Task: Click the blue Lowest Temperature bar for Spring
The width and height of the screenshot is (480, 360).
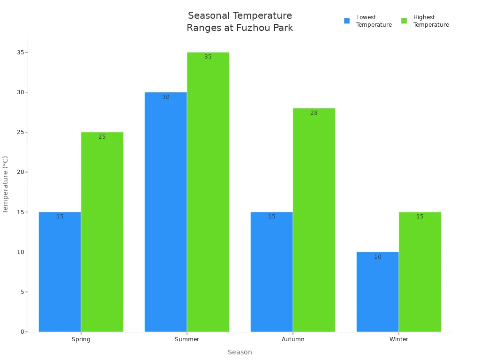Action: [x=60, y=272]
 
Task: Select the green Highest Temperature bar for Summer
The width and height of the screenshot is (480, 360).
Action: [x=208, y=192]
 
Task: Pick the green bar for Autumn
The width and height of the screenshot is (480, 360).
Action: [x=314, y=220]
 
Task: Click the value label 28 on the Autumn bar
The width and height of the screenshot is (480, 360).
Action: [x=314, y=113]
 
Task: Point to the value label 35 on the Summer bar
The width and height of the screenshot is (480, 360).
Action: [x=208, y=57]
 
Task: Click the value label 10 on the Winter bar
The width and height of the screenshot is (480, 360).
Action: [x=378, y=257]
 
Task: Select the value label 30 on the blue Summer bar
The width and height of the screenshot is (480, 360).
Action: [x=166, y=97]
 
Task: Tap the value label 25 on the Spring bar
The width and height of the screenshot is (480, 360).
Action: [x=102, y=137]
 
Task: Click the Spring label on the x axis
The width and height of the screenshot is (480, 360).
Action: [x=81, y=339]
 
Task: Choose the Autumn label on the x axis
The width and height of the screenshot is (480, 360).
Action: [x=293, y=339]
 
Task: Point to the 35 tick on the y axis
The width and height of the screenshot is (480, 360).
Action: [x=20, y=52]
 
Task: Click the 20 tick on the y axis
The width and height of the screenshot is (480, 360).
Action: [x=20, y=172]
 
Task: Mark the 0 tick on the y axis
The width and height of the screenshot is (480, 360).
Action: [x=22, y=332]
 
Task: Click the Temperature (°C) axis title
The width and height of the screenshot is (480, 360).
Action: [x=6, y=185]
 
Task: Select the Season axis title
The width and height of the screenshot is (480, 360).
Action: [x=240, y=352]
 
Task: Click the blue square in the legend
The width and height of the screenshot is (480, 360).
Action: [x=347, y=21]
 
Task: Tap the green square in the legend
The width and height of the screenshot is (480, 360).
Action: [x=404, y=21]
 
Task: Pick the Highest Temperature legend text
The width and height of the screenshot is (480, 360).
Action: [x=431, y=21]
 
